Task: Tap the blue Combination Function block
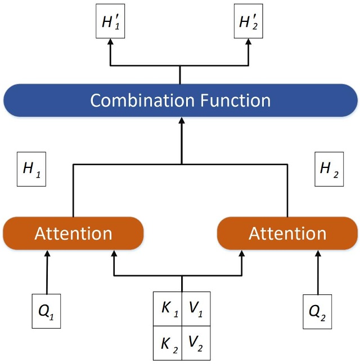click(x=180, y=101)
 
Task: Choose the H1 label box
click(x=31, y=169)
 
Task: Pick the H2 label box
click(x=329, y=169)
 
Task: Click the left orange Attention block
click(x=73, y=233)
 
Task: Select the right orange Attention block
click(x=287, y=233)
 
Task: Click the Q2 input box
click(x=318, y=310)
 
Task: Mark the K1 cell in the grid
click(x=168, y=309)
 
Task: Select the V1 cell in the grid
click(x=196, y=309)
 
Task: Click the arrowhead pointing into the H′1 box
click(x=110, y=44)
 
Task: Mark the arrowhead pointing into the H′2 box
click(x=249, y=44)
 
